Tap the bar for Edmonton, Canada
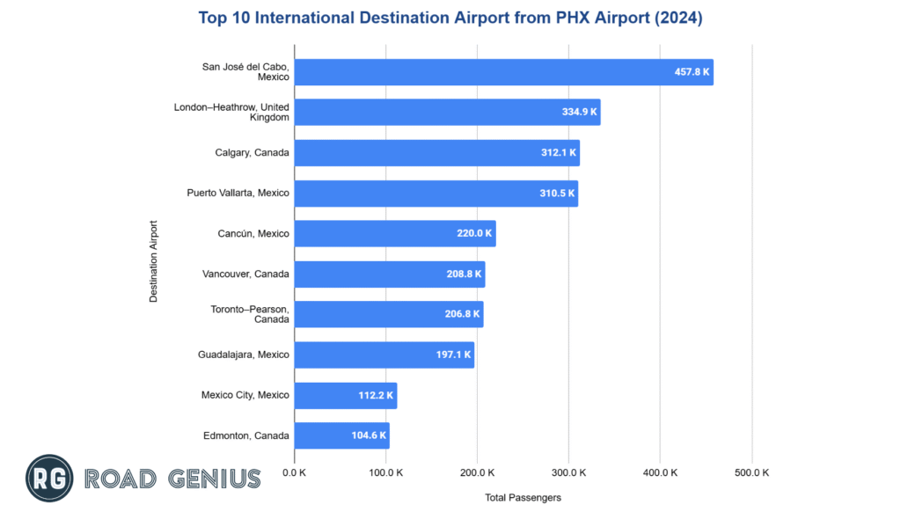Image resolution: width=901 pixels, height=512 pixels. tap(341, 435)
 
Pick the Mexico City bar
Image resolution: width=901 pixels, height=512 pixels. tap(345, 395)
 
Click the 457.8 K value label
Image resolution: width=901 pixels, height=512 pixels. tap(692, 72)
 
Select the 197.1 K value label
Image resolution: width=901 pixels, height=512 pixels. tap(453, 355)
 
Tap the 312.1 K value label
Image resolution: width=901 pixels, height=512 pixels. tap(559, 153)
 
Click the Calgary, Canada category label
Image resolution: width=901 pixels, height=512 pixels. tap(252, 153)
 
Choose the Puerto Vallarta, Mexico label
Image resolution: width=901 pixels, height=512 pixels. tap(238, 193)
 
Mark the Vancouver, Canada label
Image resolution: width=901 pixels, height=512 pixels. tap(245, 274)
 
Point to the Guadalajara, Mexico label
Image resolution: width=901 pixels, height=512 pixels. tap(244, 355)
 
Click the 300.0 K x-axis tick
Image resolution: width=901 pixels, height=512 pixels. tap(568, 472)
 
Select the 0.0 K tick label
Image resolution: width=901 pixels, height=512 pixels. tap(295, 472)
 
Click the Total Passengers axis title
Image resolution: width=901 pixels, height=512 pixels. tap(523, 497)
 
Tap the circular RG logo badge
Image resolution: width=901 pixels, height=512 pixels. tap(49, 479)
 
